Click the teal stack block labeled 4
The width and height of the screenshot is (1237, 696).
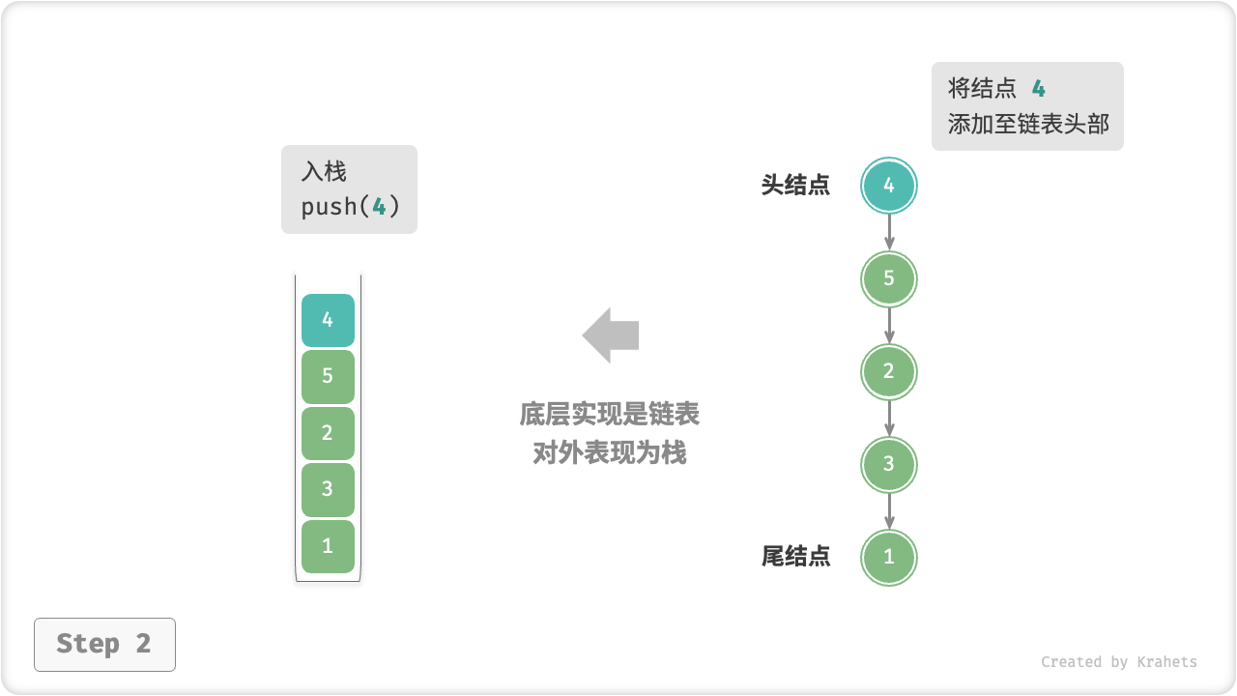click(x=328, y=320)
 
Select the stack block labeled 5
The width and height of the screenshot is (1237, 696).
click(x=328, y=376)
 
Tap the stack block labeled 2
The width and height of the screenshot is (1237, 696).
click(x=328, y=433)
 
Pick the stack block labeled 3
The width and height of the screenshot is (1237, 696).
click(x=328, y=489)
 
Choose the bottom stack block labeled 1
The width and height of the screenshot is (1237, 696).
click(x=328, y=546)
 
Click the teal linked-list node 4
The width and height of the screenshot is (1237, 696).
click(x=889, y=186)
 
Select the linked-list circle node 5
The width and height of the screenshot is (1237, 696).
click(x=889, y=279)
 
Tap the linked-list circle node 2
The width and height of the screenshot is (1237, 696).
click(x=889, y=372)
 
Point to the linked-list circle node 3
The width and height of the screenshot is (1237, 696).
click(x=889, y=465)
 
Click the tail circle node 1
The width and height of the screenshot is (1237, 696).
click(x=889, y=558)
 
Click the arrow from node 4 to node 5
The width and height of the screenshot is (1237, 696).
click(x=889, y=232)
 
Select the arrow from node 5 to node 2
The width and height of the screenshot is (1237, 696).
click(x=889, y=326)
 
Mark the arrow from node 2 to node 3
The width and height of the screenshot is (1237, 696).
click(x=889, y=419)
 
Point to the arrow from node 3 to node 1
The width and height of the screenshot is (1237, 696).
click(x=889, y=511)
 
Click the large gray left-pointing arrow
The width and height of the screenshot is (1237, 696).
click(x=611, y=335)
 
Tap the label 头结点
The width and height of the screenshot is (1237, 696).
click(x=795, y=186)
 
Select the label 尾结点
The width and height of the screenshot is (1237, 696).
click(x=795, y=557)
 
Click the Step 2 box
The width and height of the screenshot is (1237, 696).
click(x=104, y=644)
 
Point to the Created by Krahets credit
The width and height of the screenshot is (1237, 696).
click(x=1118, y=662)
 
